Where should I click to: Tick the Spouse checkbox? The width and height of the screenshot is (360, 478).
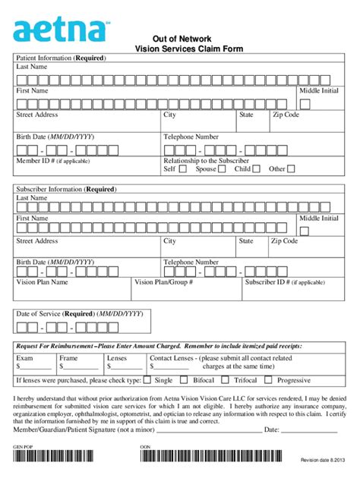pos(222,169)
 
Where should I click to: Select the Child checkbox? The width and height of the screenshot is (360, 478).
pos(257,169)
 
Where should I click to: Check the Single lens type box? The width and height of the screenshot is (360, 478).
pos(147,380)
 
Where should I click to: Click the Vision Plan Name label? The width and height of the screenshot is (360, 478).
pos(42,281)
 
